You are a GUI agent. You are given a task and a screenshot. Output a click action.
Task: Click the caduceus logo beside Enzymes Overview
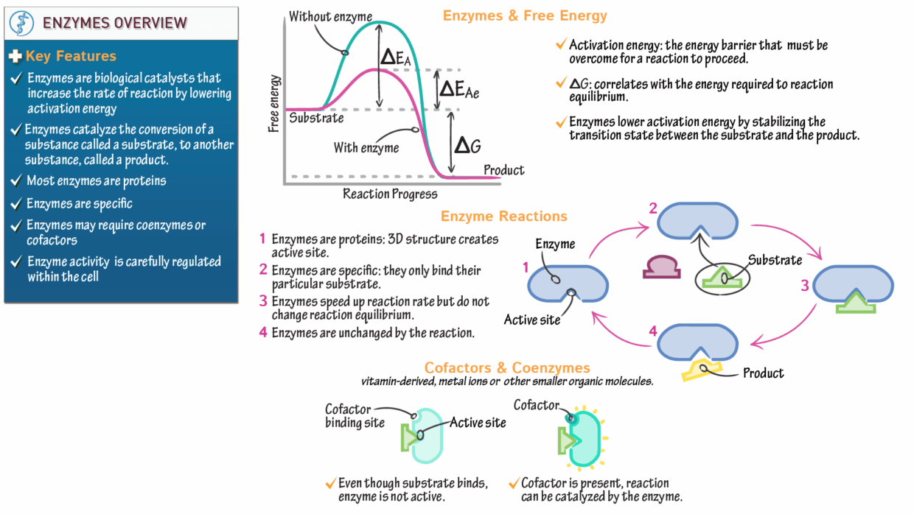pos(21,24)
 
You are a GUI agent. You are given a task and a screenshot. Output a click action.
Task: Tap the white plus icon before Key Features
pos(15,56)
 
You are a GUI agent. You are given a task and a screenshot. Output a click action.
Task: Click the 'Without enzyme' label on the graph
pos(330,17)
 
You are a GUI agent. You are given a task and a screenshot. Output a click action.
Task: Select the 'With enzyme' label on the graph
pos(366,147)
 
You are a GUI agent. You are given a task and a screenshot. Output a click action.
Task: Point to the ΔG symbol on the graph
pos(467,145)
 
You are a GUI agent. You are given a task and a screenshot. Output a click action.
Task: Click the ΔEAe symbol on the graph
pos(459,89)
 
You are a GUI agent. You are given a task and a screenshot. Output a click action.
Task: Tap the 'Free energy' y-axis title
pos(273,104)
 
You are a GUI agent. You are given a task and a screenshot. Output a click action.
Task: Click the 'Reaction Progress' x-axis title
pos(390,194)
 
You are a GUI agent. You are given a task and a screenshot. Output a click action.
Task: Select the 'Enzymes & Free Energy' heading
pos(525,15)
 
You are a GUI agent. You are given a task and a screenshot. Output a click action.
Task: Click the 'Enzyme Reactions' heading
pos(504,216)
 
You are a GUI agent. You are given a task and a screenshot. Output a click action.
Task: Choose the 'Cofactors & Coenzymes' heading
pos(507,367)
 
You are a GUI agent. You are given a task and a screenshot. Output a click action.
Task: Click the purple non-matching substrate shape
pos(661,267)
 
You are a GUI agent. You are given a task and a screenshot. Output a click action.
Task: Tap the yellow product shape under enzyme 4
pos(701,370)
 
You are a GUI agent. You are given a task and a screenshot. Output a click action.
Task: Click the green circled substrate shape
pos(722,278)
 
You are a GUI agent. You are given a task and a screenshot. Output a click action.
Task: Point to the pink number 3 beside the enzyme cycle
pos(805,286)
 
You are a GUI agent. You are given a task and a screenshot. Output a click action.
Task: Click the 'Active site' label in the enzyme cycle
pos(532,320)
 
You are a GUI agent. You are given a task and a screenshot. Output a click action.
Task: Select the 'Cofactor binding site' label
pos(355,416)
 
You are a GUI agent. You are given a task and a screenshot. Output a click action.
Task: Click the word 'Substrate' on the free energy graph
pos(316,119)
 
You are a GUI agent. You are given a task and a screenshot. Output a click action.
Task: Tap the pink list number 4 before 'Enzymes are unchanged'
pos(263,332)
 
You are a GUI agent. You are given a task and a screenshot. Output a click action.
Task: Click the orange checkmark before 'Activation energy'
pos(562,43)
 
